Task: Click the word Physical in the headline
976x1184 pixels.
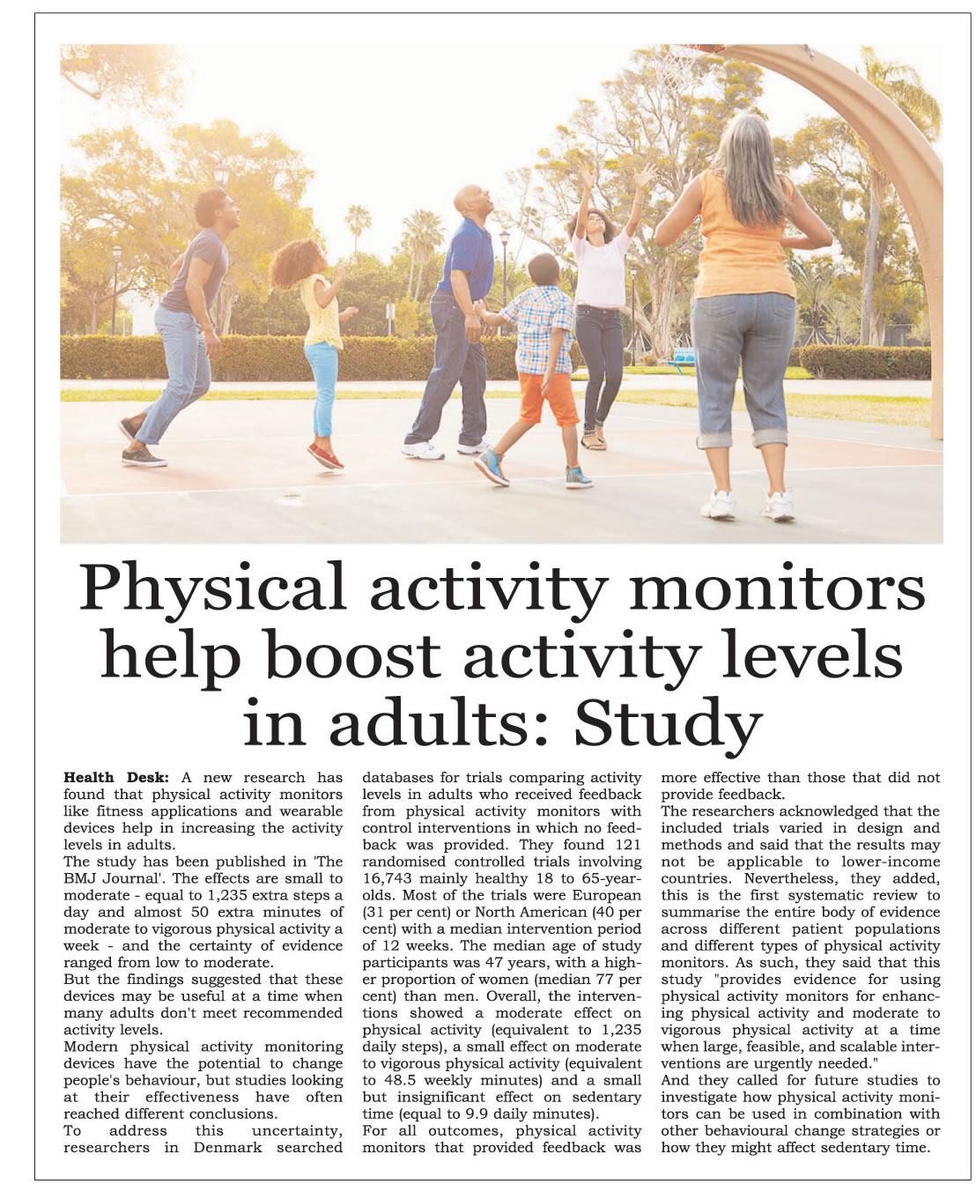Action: tap(212, 588)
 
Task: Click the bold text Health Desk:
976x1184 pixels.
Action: tap(115, 777)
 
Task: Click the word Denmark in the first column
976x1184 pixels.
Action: tap(227, 1147)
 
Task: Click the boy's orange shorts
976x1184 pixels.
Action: tap(548, 397)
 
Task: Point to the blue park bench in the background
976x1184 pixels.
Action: tap(681, 359)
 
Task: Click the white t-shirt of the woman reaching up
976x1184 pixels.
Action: tap(601, 268)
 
